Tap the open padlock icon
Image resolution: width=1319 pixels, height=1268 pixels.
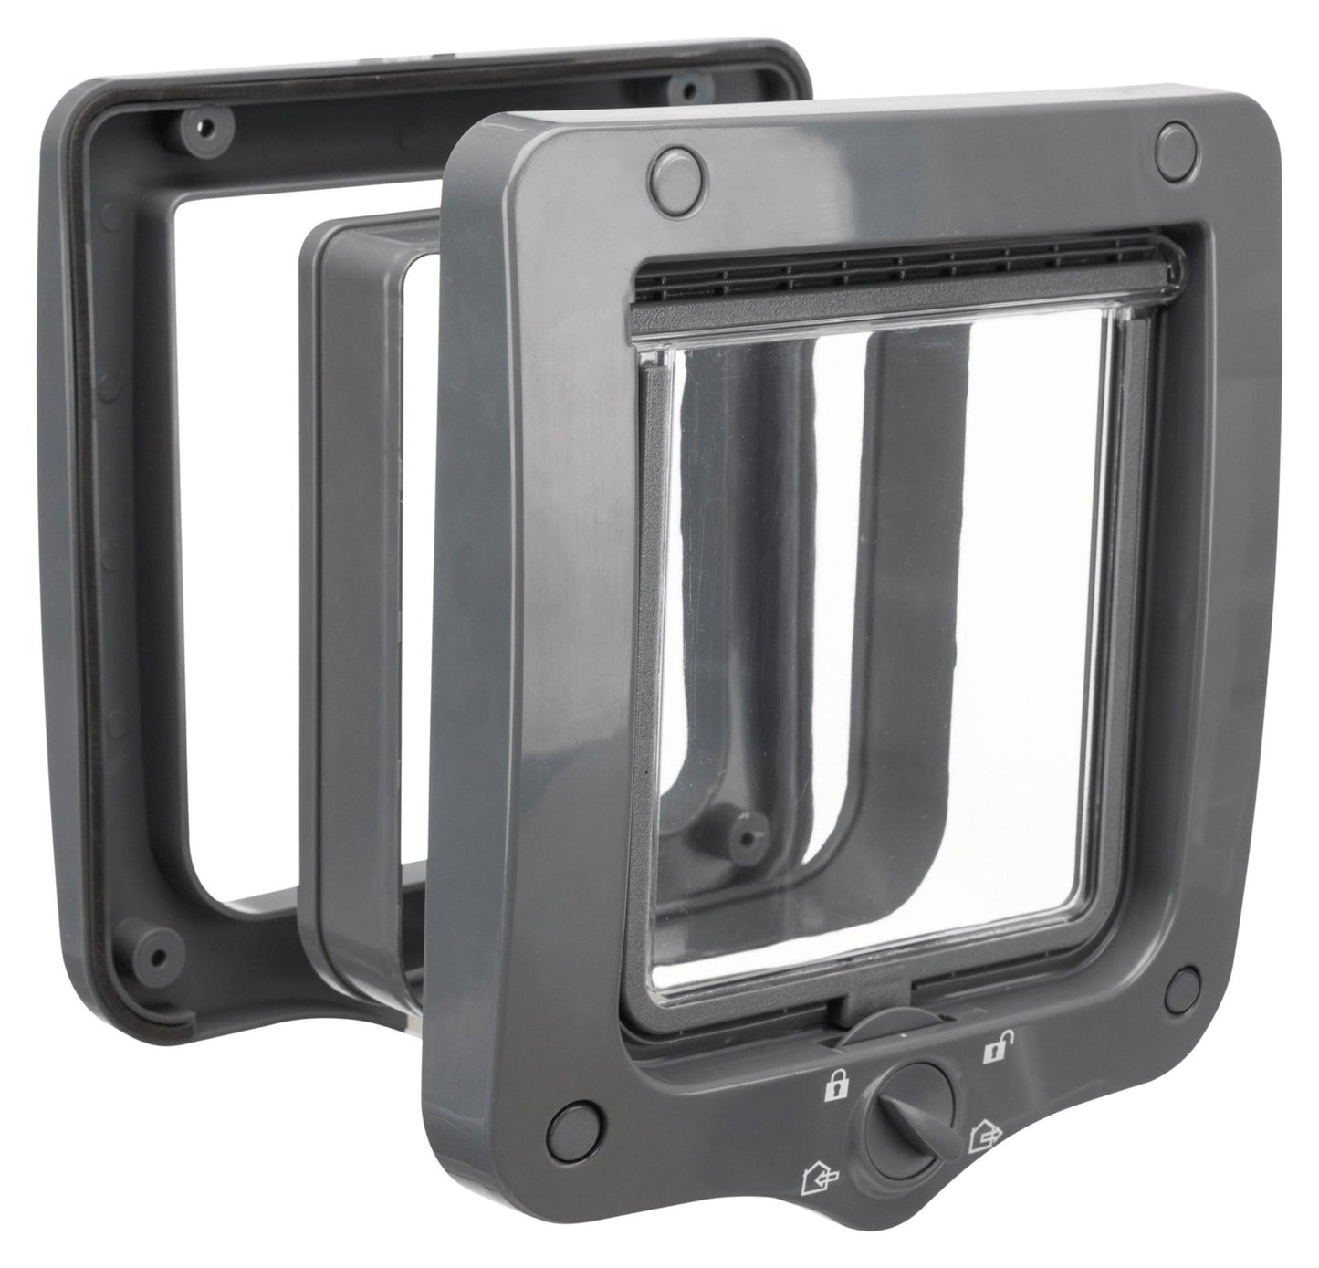click(x=990, y=1051)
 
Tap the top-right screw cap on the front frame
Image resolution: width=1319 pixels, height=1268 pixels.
click(x=1177, y=144)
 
